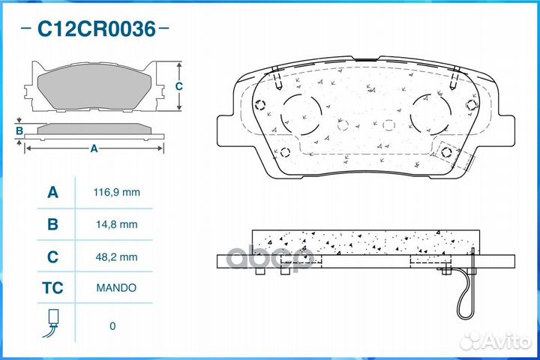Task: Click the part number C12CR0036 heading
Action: point(97,28)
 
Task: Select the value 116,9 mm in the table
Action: point(117,192)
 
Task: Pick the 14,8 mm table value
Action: point(117,224)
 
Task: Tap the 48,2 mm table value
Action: point(117,257)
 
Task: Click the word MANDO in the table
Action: point(116,288)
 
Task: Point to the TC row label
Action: point(52,288)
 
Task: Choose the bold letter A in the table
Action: point(52,192)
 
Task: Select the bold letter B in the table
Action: point(52,224)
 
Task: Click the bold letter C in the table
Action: point(52,257)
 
